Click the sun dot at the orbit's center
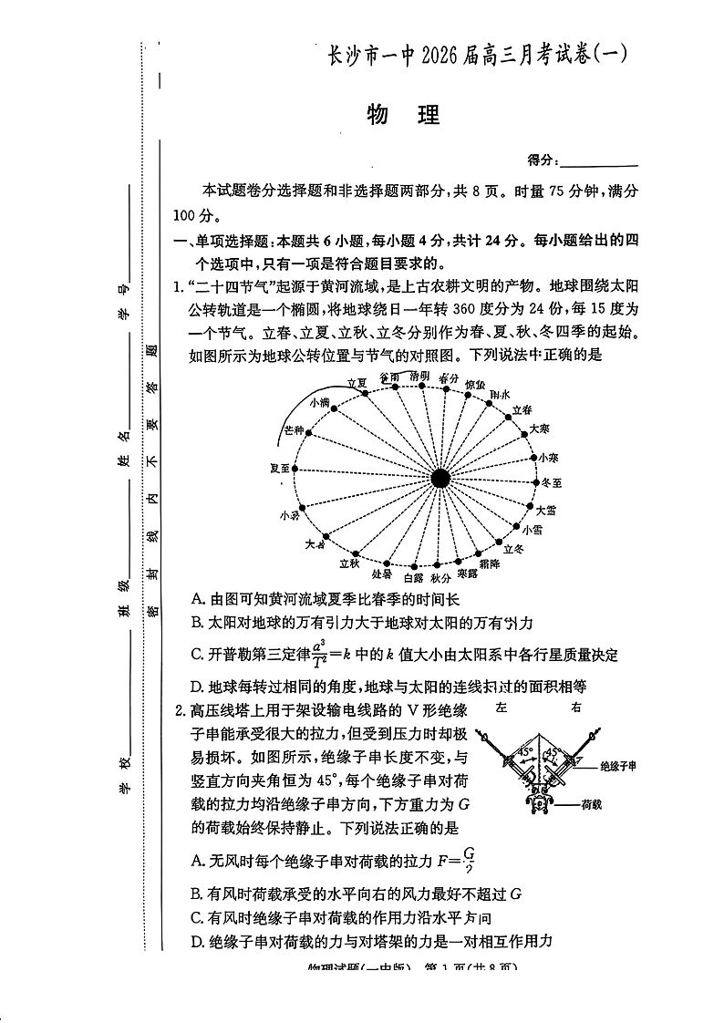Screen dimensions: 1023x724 click(x=440, y=477)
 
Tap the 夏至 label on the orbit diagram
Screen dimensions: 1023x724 click(x=281, y=468)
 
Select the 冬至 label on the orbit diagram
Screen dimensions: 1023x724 click(x=552, y=481)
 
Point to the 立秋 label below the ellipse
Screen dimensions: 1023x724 click(x=349, y=564)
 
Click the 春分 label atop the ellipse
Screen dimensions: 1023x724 click(x=448, y=377)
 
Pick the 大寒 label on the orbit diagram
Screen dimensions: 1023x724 click(x=540, y=428)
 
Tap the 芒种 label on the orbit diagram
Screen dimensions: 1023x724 click(x=295, y=429)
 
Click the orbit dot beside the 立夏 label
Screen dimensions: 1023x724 click(x=366, y=394)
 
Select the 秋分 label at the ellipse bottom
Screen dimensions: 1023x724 click(x=441, y=578)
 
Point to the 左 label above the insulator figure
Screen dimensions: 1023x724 click(x=502, y=708)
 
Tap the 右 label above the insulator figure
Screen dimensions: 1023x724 click(x=575, y=708)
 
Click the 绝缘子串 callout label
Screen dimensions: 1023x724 click(x=618, y=766)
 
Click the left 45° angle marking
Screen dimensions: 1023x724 click(x=525, y=752)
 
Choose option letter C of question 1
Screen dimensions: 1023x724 click(x=197, y=655)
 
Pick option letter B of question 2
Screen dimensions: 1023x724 click(x=196, y=894)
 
